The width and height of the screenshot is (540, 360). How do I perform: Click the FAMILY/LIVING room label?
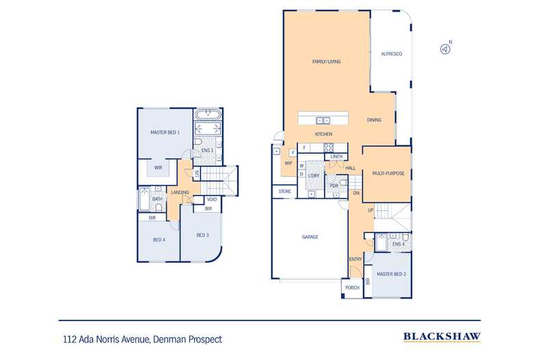[326, 61]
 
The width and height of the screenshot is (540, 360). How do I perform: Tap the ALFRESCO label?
[390, 53]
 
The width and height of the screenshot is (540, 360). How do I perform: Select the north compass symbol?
[445, 49]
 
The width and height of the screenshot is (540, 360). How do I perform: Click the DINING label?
[374, 120]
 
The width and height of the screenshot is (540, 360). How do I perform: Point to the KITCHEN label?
[323, 134]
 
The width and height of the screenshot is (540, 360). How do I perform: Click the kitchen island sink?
[323, 120]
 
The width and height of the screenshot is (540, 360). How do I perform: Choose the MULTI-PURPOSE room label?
[388, 174]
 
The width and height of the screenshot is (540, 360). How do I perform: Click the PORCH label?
[352, 288]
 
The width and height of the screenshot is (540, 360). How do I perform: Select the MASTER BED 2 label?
[392, 274]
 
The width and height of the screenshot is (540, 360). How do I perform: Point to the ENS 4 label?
[399, 244]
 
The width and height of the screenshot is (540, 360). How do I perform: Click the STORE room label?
[285, 192]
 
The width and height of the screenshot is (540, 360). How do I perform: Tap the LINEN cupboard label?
[336, 157]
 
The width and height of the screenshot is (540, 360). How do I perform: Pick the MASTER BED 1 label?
[165, 133]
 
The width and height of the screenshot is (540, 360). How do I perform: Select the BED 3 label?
[202, 236]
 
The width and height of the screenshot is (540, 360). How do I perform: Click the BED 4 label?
[159, 240]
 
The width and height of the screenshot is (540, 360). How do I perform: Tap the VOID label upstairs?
[212, 199]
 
